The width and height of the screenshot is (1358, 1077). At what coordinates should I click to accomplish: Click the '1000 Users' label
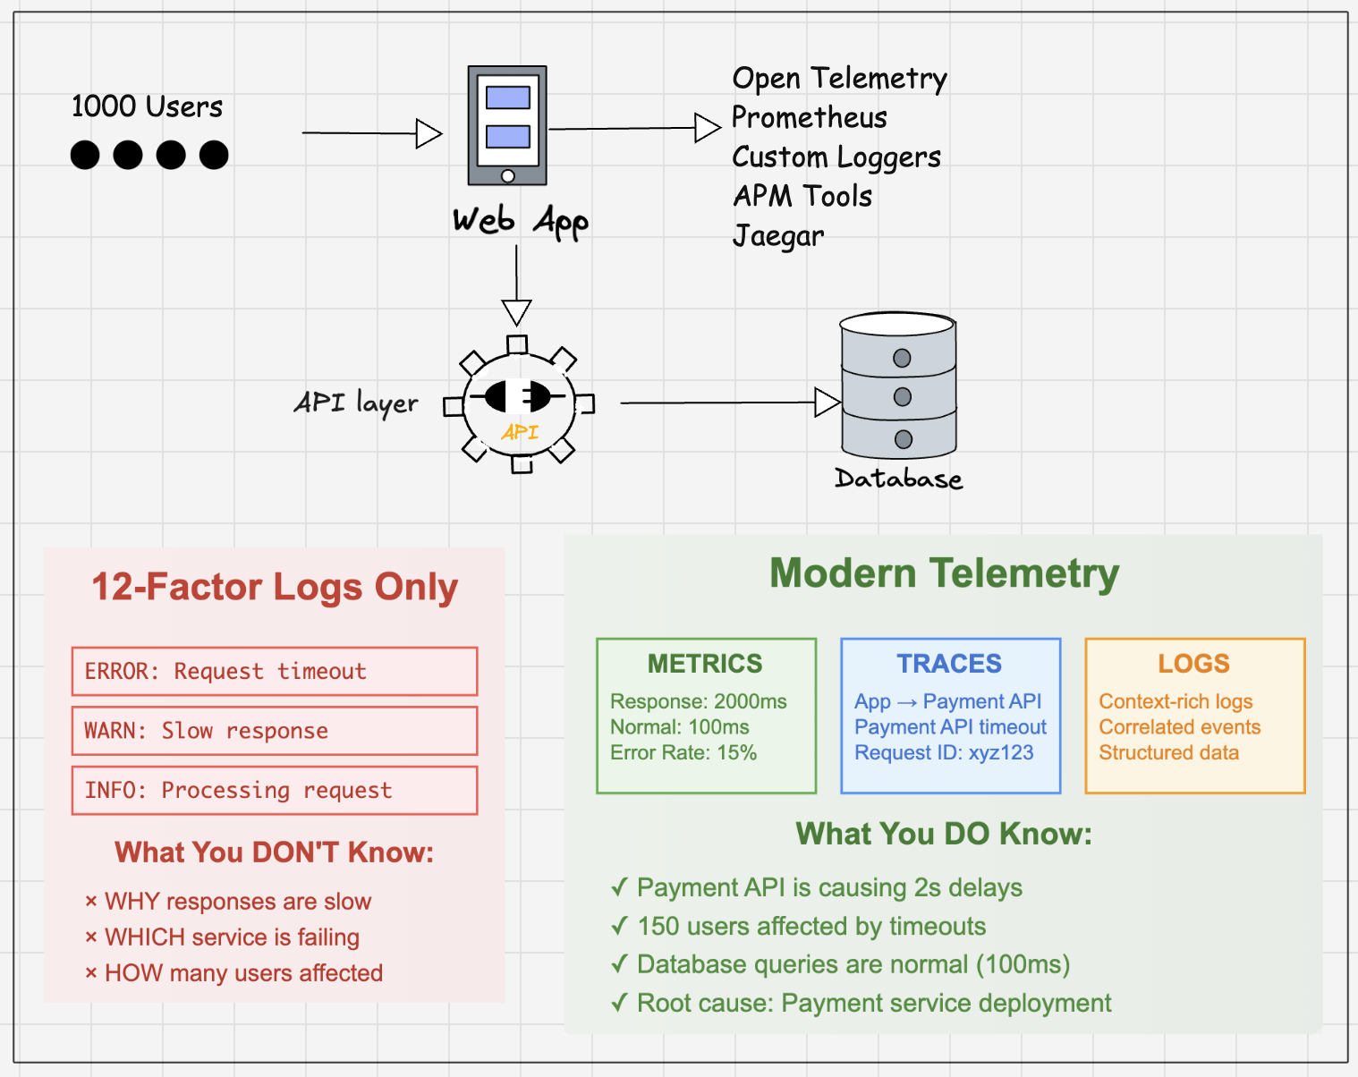coord(147,106)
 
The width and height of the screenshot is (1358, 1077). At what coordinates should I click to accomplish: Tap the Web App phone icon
coord(507,125)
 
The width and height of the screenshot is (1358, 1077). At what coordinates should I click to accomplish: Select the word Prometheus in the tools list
coord(810,117)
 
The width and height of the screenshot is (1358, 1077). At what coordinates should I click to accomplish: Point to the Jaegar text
coord(778,236)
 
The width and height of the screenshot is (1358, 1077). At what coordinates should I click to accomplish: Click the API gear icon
coord(520,404)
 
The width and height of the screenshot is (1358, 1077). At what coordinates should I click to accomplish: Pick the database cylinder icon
coord(898,386)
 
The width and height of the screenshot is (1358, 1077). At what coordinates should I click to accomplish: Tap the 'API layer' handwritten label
coord(356,403)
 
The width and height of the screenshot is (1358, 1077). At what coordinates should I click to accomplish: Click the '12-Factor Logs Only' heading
coord(275,588)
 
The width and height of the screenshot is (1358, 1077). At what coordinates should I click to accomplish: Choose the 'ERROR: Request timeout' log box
coord(275,671)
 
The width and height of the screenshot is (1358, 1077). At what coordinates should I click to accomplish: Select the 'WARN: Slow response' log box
coord(275,731)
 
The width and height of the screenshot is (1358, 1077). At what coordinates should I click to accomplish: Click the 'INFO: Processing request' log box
coord(275,791)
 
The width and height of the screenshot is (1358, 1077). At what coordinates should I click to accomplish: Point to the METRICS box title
coord(705,664)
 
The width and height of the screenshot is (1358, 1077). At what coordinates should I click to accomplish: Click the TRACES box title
coord(949,664)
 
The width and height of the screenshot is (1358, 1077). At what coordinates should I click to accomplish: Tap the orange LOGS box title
coord(1193,664)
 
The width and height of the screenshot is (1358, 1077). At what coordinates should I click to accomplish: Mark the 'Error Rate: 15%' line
coord(683,753)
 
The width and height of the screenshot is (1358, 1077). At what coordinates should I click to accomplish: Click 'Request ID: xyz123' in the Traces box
coord(944,753)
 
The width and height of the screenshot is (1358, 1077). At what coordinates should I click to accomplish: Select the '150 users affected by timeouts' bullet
coord(811,927)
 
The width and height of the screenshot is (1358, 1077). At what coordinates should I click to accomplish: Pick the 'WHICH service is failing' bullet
coord(232,937)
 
